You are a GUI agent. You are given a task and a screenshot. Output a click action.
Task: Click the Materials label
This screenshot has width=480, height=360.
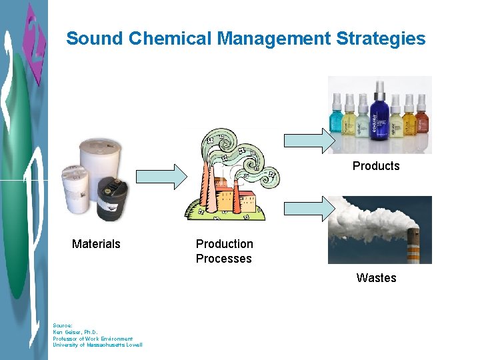[x=96, y=244]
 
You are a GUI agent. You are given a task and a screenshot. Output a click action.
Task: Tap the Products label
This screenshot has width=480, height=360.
[x=376, y=166]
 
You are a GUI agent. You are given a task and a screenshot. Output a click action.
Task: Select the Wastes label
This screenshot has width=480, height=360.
[x=376, y=278]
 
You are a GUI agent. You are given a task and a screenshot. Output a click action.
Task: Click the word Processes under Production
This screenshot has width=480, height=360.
[x=223, y=259]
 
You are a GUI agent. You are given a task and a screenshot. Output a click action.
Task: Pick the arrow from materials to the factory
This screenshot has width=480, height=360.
[x=163, y=176]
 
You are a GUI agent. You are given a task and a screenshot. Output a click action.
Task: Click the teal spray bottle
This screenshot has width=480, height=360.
[x=335, y=119]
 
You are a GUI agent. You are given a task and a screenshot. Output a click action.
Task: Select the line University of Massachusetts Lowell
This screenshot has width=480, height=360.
[x=97, y=345]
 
